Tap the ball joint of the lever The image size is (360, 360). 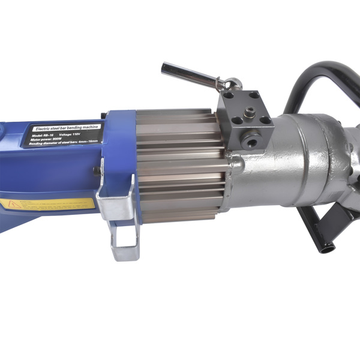point(234,84)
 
